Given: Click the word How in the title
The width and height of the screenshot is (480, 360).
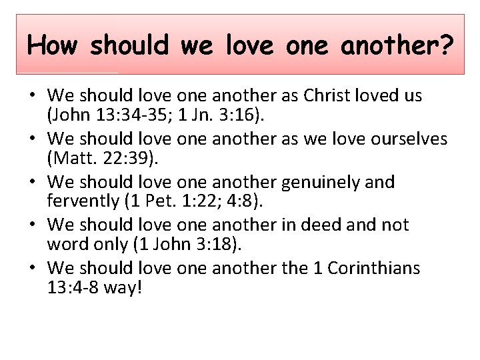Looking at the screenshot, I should pyautogui.click(x=53, y=45).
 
